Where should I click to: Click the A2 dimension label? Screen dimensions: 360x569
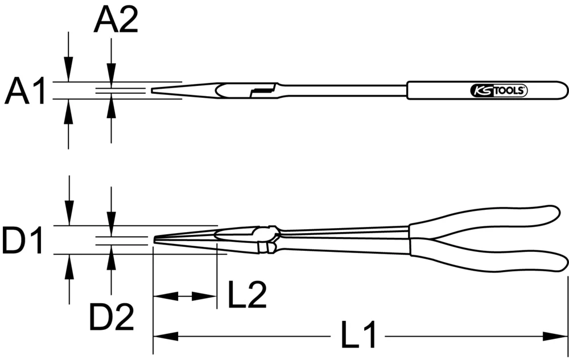pyautogui.click(x=116, y=22)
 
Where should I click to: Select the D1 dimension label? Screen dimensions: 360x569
pyautogui.click(x=23, y=241)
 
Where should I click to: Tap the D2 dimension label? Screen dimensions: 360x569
pyautogui.click(x=112, y=317)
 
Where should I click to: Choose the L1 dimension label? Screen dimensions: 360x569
pyautogui.click(x=358, y=336)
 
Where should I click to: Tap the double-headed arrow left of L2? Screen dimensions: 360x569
pyautogui.click(x=184, y=296)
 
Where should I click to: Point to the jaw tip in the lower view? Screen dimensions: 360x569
pyautogui.click(x=155, y=241)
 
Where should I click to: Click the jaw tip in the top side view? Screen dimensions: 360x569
pyautogui.click(x=153, y=90)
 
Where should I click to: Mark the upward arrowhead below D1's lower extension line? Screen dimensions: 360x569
pyautogui.click(x=69, y=264)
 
